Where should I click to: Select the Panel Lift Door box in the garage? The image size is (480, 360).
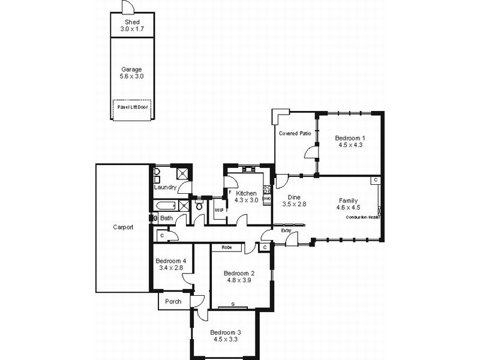132,108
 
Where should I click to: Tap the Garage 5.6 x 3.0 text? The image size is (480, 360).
132,73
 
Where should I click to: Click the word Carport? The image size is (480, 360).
123,227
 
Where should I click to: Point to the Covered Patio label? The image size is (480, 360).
295,133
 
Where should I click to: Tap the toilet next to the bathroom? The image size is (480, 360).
199,207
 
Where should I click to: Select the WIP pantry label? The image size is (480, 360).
219,211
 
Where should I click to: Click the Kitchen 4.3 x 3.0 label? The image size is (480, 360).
247,197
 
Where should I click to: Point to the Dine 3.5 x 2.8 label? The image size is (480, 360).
294,200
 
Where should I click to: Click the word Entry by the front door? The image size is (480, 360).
286,230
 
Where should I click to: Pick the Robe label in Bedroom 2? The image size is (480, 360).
226,247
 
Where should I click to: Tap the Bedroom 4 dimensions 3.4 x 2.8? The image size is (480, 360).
170,268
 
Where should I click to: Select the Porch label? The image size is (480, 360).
173,301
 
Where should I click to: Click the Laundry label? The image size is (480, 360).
165,188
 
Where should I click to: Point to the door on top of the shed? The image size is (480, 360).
127,8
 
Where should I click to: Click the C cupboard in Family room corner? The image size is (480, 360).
375,180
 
